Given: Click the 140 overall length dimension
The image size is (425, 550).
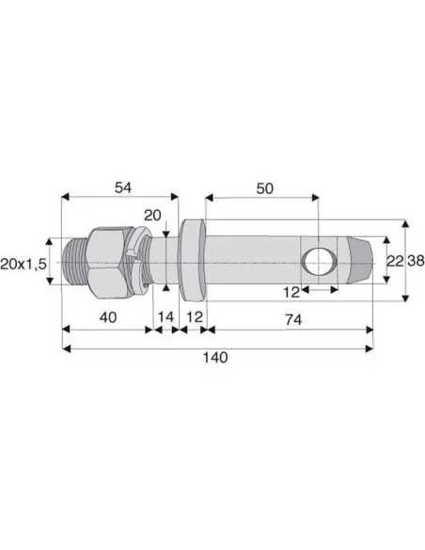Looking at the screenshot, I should [x=215, y=359].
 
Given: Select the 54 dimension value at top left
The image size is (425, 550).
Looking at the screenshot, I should [x=122, y=187].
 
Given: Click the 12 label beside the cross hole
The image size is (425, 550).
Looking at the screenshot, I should [x=292, y=291].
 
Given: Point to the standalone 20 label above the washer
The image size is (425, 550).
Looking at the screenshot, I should [x=152, y=215].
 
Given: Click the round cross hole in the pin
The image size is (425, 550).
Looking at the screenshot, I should [x=318, y=260].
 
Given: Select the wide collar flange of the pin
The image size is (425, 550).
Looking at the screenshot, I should [x=193, y=259].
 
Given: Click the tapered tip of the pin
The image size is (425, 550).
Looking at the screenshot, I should [x=362, y=260].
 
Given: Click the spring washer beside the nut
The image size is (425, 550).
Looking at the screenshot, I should [x=141, y=260].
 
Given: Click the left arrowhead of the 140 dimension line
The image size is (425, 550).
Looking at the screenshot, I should [x=65, y=348].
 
